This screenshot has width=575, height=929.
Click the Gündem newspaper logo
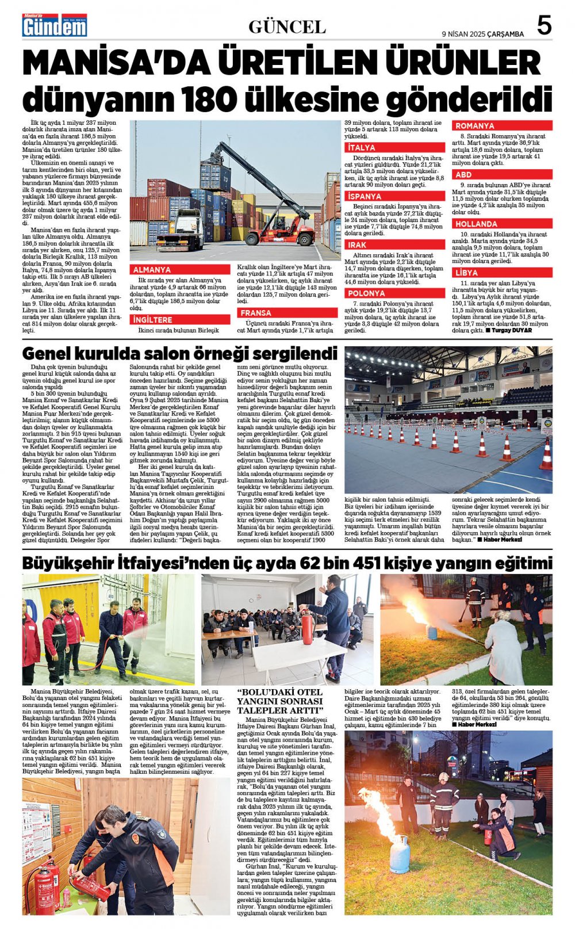click(x=55, y=26)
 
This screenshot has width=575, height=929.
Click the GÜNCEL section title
click(x=287, y=26)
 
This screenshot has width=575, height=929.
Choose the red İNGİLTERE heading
click(x=152, y=320)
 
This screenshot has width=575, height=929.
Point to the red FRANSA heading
click(x=256, y=314)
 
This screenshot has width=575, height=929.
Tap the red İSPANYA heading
click(x=365, y=197)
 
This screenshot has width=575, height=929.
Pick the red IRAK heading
click(x=357, y=245)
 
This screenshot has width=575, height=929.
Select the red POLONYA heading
click(x=367, y=293)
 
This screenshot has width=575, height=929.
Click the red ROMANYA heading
click(x=475, y=125)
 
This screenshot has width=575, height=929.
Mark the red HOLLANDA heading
click(x=477, y=224)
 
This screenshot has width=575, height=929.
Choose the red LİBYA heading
click(x=467, y=273)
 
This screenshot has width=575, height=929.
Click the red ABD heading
click(x=463, y=174)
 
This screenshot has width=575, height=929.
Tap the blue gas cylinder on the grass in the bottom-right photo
click(x=400, y=853)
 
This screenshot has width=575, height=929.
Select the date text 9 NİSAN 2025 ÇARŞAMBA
click(x=482, y=34)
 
